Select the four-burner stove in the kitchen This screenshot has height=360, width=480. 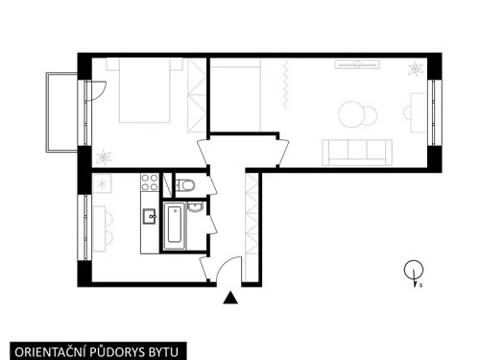point(150,181)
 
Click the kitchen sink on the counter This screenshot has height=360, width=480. point(149,216)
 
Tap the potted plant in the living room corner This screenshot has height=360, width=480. point(415,69)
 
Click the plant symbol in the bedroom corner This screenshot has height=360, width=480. point(104,156)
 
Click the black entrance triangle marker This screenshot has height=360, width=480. point(230,299)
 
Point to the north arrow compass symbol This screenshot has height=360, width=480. point(413,272)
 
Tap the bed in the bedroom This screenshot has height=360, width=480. point(150,91)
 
